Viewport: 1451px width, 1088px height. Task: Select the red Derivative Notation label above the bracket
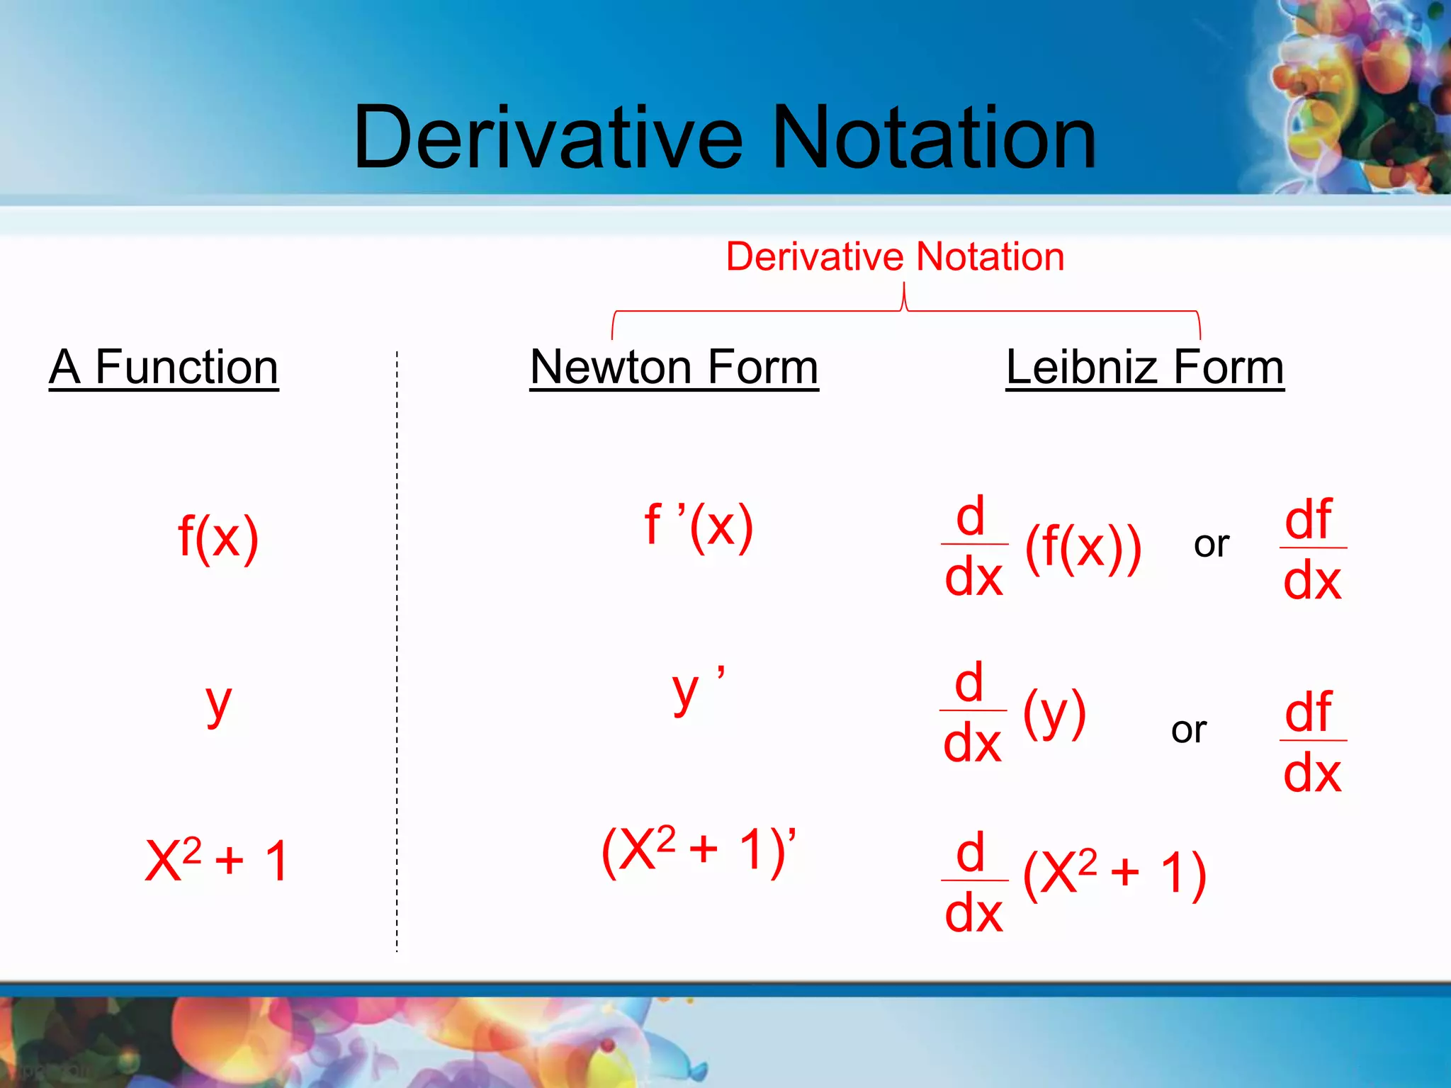click(895, 256)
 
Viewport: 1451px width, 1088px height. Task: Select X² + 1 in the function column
click(216, 861)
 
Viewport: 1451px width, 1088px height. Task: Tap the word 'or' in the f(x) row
click(1211, 545)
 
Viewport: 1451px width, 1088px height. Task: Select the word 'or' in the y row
click(1188, 730)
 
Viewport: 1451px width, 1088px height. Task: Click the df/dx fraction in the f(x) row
click(1312, 549)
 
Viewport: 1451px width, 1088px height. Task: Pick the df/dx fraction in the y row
click(1312, 741)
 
